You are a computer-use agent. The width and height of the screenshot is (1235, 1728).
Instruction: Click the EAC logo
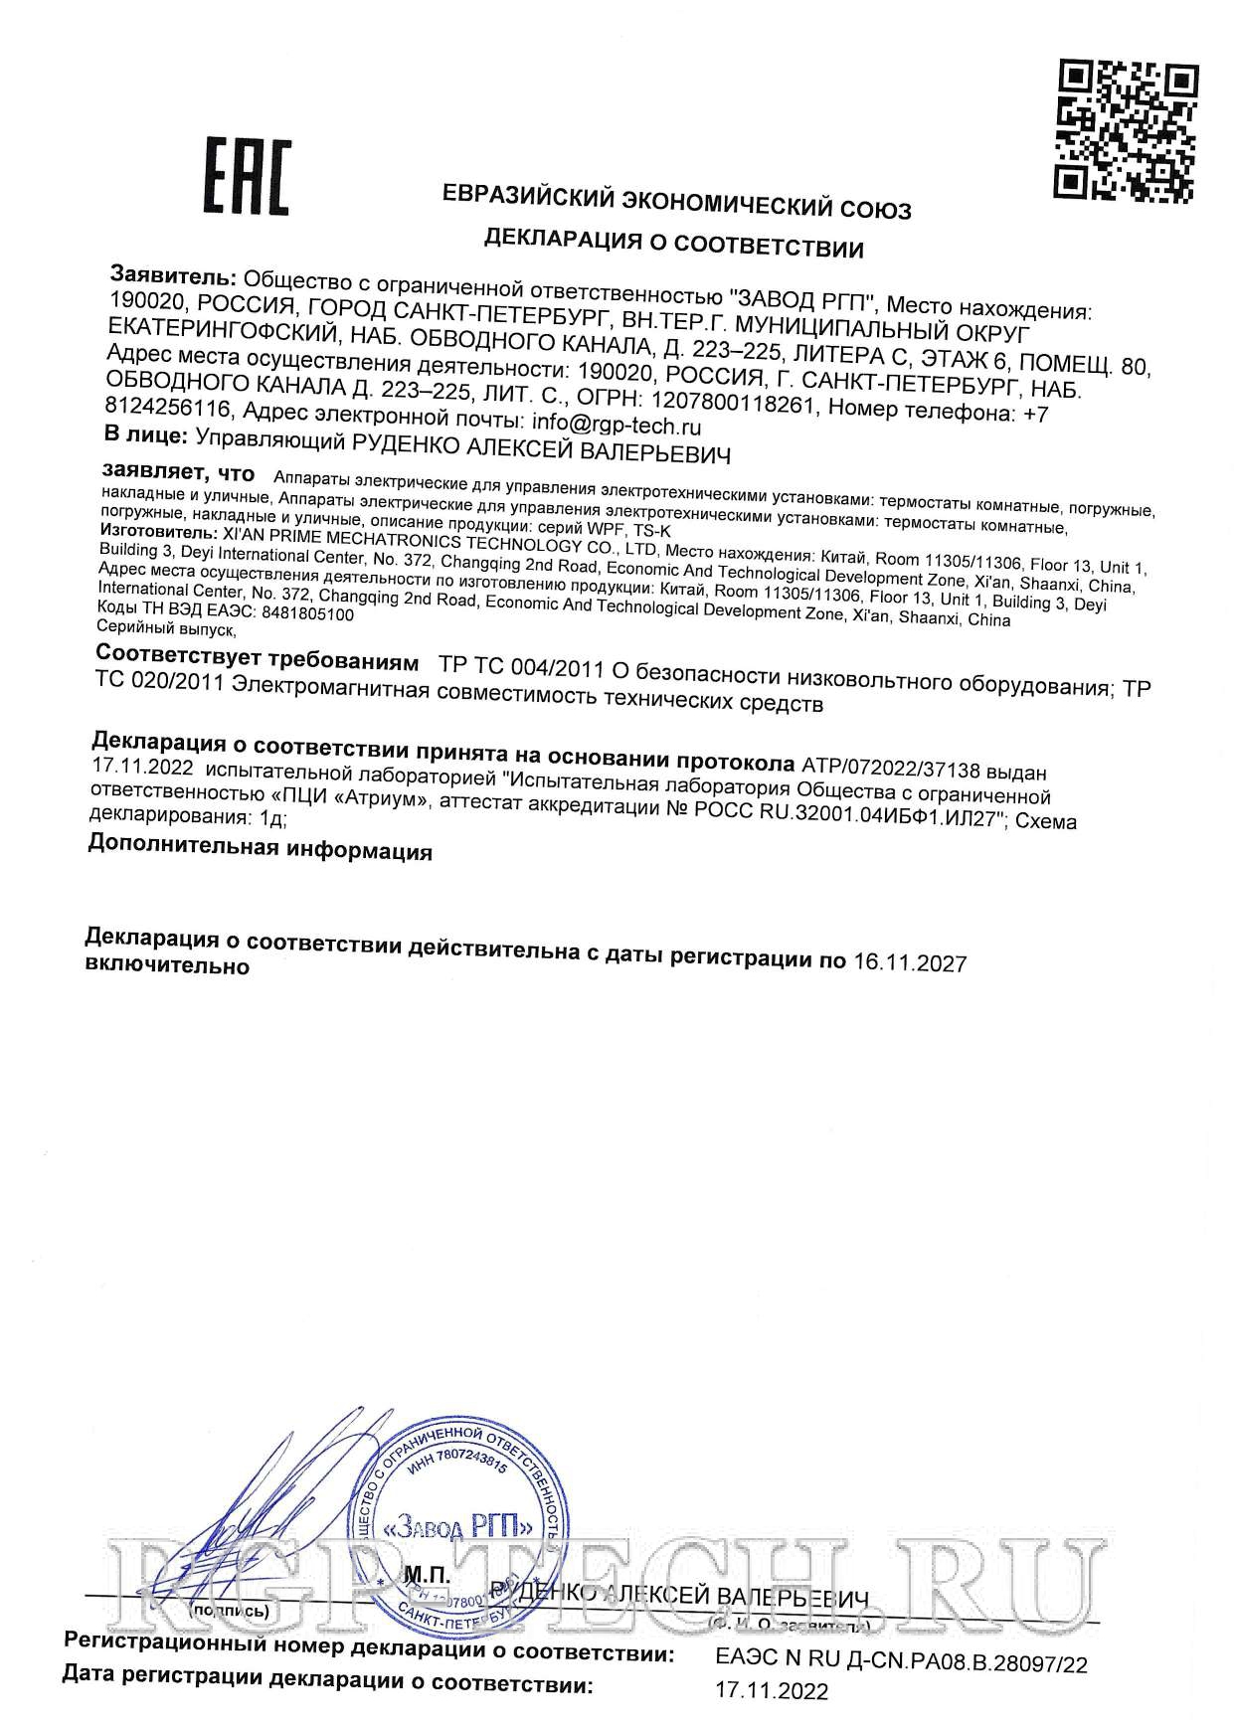click(x=247, y=177)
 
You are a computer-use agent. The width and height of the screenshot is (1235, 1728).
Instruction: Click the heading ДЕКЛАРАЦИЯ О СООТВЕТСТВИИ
click(x=673, y=242)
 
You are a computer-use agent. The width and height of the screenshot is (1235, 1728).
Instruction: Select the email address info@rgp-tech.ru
click(x=617, y=426)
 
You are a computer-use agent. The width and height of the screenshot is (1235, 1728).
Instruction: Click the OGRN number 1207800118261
click(x=733, y=403)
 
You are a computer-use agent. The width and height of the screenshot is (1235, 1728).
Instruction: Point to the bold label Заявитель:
click(x=173, y=276)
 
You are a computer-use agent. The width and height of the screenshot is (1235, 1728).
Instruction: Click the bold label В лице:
click(x=145, y=435)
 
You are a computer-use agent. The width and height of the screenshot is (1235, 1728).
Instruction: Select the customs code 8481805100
click(x=307, y=614)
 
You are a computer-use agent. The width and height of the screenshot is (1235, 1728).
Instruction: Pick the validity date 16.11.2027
click(x=910, y=961)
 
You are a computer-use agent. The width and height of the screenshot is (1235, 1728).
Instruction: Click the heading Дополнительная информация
click(x=260, y=847)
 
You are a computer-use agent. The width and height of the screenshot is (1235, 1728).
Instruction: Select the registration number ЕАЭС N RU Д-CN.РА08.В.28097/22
click(x=901, y=1661)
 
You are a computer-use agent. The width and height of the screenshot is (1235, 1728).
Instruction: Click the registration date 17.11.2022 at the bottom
click(x=772, y=1690)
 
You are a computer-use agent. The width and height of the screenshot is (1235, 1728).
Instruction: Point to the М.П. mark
click(x=427, y=1576)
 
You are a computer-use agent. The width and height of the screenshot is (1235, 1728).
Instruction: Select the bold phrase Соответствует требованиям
click(x=257, y=658)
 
